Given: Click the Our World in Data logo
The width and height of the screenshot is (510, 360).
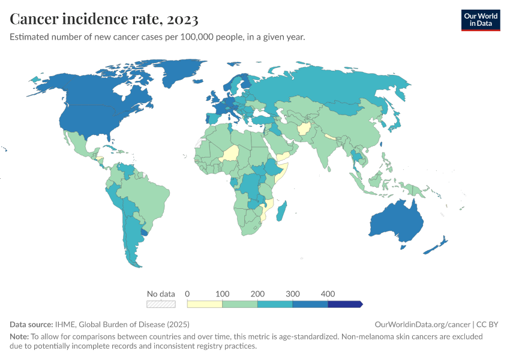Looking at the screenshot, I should [x=480, y=20].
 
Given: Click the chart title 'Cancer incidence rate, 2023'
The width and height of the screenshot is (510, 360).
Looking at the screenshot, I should [x=104, y=19].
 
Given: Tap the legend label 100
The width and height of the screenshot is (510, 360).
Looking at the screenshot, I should [x=223, y=294].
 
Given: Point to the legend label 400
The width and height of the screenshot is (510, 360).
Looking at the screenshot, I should [x=328, y=294].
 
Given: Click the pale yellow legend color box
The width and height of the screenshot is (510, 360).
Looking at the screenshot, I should [x=205, y=304].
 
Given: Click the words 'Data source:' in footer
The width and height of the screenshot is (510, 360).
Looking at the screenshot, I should [x=31, y=324].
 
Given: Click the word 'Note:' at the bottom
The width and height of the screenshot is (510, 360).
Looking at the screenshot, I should [x=20, y=337].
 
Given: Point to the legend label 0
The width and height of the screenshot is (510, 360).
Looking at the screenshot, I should [x=188, y=294].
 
